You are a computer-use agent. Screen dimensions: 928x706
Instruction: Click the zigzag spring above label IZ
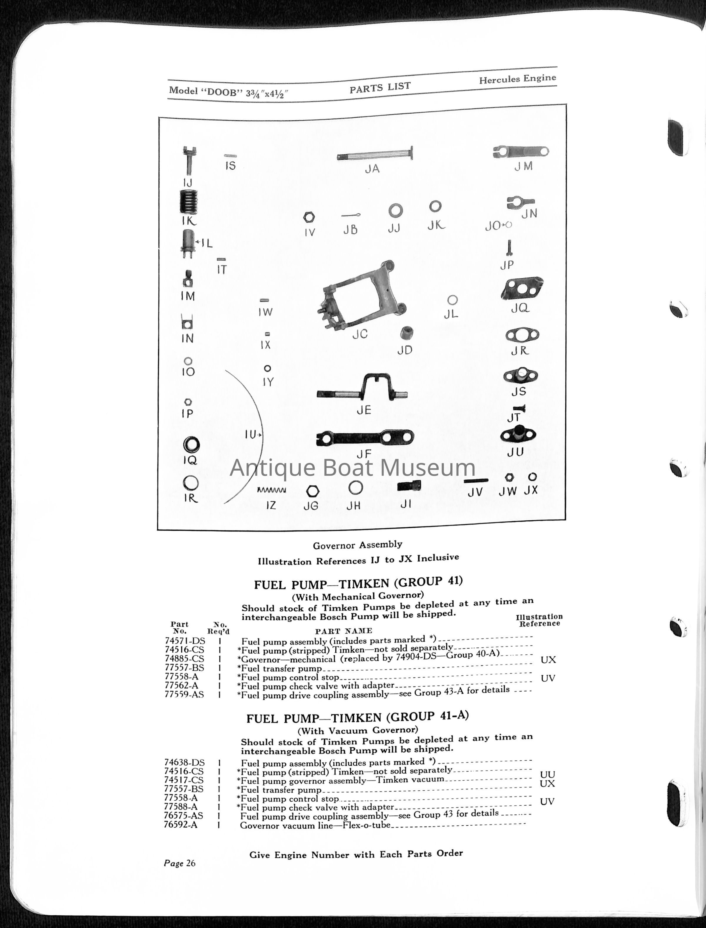tap(272, 490)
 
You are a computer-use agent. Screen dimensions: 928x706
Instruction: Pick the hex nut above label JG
tap(312, 491)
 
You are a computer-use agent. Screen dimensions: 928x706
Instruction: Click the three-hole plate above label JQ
tap(522, 288)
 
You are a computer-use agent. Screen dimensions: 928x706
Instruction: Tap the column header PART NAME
tap(343, 631)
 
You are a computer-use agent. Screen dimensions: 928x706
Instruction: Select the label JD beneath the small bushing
tap(405, 350)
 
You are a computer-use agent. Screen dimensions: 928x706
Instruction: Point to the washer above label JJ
tap(395, 211)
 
